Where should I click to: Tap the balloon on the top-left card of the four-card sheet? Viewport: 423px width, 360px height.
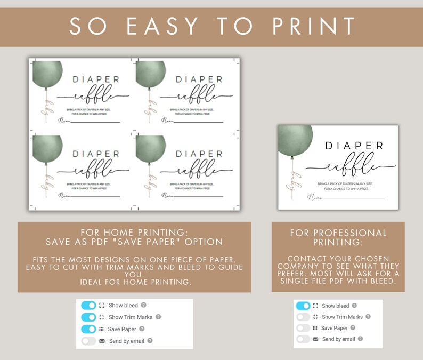(x=46, y=75)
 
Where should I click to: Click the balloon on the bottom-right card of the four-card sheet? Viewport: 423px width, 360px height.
(x=150, y=149)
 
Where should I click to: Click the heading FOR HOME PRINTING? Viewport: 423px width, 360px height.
(x=134, y=233)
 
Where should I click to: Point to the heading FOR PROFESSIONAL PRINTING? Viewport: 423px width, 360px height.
(x=338, y=238)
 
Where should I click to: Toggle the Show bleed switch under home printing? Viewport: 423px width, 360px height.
(x=88, y=306)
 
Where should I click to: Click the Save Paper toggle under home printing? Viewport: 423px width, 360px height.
(x=88, y=329)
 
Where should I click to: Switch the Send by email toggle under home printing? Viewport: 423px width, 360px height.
(x=88, y=341)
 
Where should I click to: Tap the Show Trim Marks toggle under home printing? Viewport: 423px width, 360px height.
(x=88, y=317)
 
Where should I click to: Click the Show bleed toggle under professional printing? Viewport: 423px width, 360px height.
(x=303, y=306)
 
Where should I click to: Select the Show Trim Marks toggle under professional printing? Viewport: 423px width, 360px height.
(x=303, y=317)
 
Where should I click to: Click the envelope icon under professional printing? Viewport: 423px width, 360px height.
(x=315, y=339)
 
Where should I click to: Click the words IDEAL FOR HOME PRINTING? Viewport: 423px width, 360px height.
(x=134, y=282)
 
